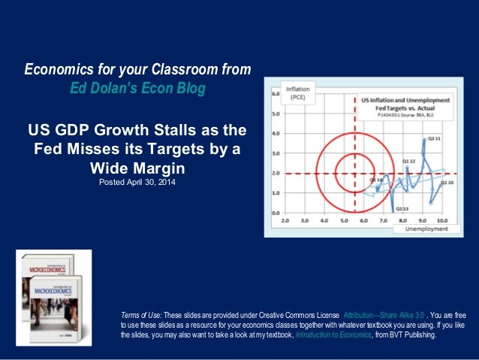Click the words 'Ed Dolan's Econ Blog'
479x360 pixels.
click(137, 88)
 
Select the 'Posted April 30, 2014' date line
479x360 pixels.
click(137, 181)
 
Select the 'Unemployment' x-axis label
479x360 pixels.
click(427, 228)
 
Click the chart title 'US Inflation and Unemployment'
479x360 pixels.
click(405, 100)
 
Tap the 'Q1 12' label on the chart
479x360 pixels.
click(408, 161)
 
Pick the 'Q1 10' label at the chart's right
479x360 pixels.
click(447, 183)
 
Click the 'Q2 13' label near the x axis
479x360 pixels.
click(402, 208)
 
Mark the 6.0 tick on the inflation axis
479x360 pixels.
click(276, 95)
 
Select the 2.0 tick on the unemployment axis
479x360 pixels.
click(285, 222)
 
